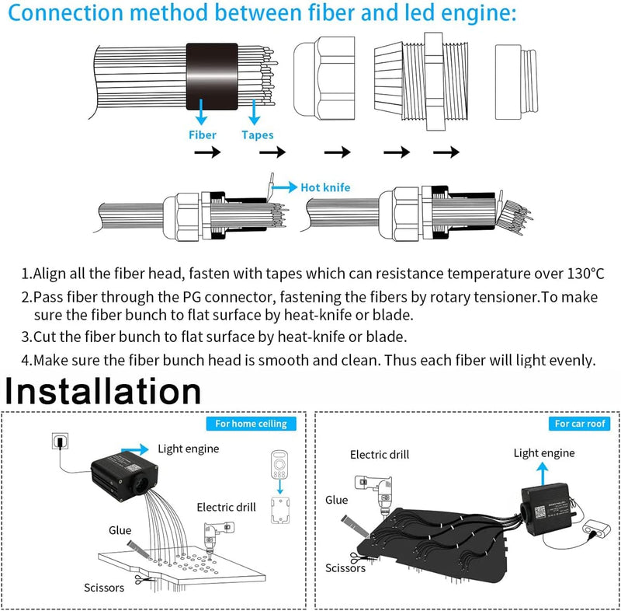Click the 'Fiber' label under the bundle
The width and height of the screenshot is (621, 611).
[x=203, y=134]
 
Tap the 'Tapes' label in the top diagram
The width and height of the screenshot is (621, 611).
[x=257, y=134]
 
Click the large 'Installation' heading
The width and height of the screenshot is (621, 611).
[x=104, y=391]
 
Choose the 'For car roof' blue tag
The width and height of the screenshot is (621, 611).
[x=581, y=424]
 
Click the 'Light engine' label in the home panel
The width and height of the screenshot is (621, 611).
[x=188, y=449]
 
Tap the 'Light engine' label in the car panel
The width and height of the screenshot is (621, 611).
[x=543, y=453]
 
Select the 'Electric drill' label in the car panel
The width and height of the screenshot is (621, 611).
[x=379, y=455]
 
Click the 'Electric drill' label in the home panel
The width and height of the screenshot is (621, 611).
[x=226, y=508]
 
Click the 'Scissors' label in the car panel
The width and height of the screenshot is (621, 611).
[x=345, y=568]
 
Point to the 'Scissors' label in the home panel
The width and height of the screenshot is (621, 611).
[x=104, y=588]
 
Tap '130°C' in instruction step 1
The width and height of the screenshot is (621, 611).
[x=574, y=274]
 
